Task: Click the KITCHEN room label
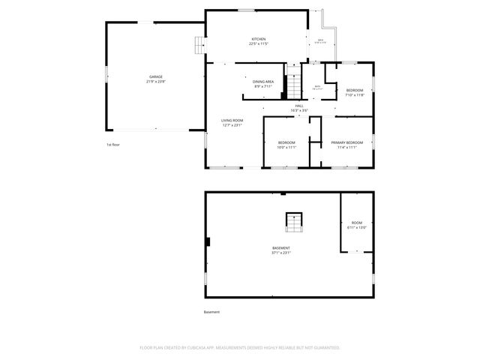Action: (259, 39)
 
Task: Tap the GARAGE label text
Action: (155, 76)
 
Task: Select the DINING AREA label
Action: (262, 81)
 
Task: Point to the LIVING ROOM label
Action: (232, 120)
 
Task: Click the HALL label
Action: (299, 106)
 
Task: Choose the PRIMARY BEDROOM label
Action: (346, 142)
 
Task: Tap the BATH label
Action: (317, 87)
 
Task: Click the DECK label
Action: (320, 40)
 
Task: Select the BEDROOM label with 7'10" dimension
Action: (354, 90)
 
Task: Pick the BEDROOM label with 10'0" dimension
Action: (286, 142)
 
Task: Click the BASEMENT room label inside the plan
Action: (281, 247)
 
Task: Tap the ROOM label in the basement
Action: (356, 223)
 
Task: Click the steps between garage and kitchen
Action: (199, 46)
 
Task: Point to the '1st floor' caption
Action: (112, 144)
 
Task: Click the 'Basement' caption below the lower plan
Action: (212, 312)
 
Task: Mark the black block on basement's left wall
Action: (208, 241)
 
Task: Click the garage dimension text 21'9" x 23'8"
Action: (155, 81)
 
